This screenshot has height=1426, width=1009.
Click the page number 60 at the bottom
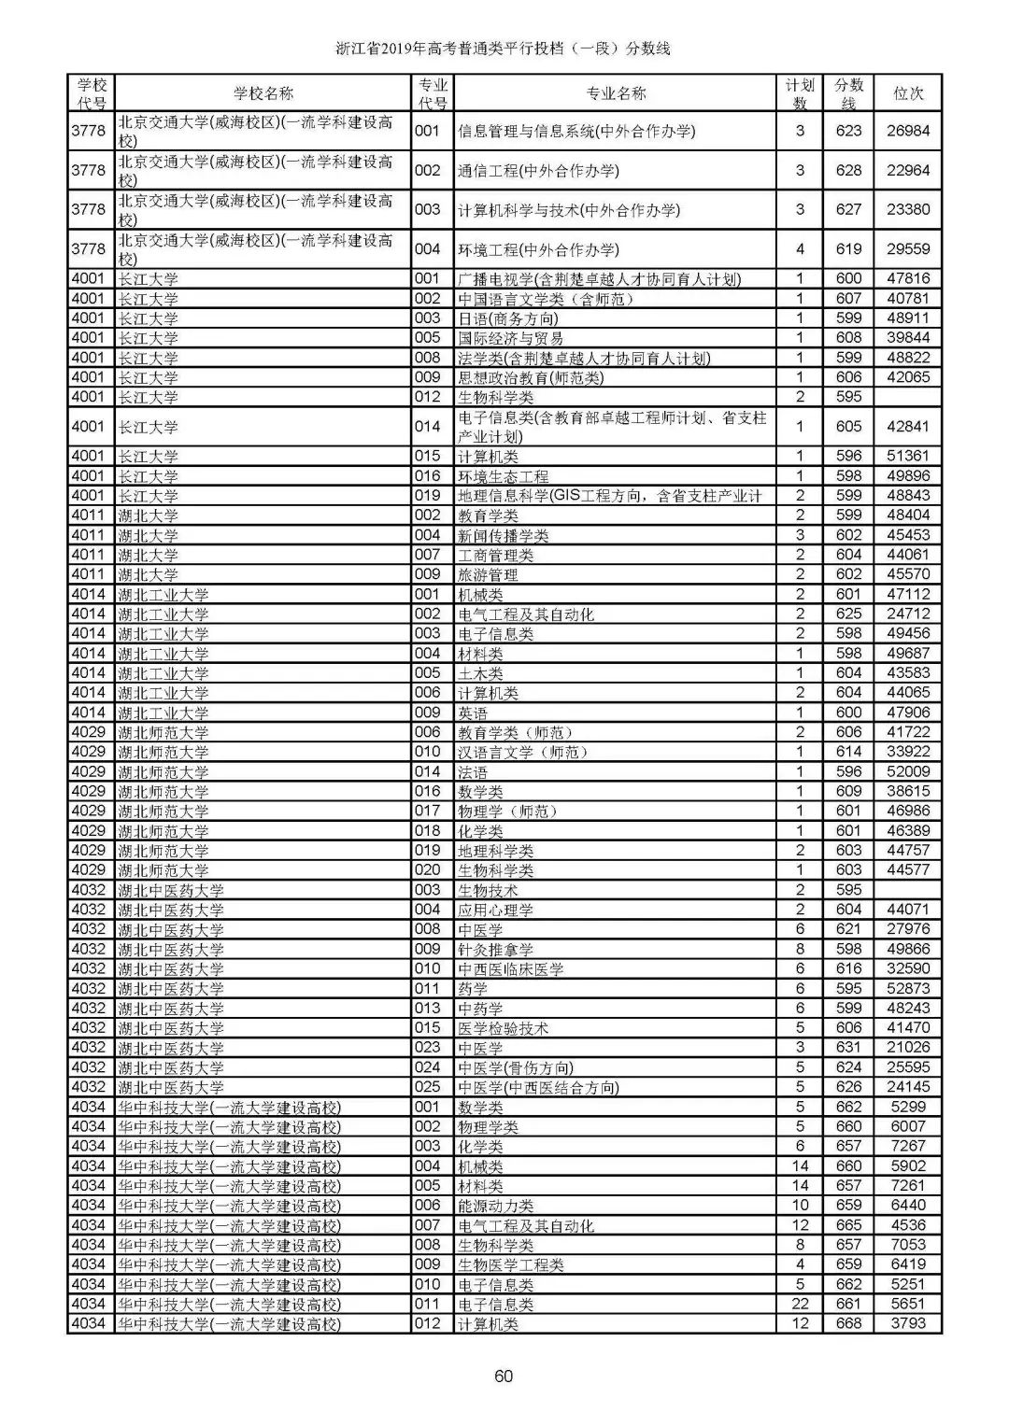point(504,1376)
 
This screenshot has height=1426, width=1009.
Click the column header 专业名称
point(615,93)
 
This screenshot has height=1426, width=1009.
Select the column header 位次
point(908,93)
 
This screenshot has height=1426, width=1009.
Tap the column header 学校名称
point(263,93)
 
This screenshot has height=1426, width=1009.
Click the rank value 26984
point(908,131)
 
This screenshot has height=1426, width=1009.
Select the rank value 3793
point(908,1323)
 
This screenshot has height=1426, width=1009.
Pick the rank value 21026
point(908,1048)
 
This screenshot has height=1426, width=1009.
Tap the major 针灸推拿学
point(495,949)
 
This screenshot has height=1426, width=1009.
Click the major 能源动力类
point(495,1206)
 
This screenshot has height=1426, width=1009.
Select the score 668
point(848,1323)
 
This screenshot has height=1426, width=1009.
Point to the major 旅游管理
point(488,574)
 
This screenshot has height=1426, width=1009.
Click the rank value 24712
point(908,614)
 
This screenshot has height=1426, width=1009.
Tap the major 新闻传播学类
point(503,535)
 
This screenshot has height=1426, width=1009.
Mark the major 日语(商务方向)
point(507,318)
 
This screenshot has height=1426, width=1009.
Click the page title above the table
point(504,49)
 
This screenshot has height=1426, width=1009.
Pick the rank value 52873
point(908,988)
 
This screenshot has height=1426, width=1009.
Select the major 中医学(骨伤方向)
point(515,1067)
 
